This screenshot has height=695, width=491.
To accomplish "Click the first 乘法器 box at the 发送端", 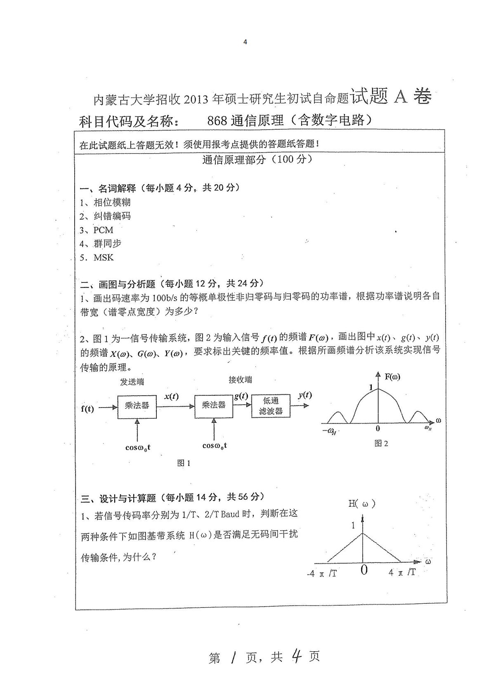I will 137,406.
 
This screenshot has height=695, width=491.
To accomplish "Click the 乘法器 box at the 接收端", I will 214,406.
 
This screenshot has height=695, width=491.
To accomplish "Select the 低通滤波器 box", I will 271,406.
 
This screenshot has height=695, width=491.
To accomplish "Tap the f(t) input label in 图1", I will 87,409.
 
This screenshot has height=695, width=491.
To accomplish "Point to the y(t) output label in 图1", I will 305,395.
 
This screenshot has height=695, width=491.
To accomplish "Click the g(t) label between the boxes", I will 241,396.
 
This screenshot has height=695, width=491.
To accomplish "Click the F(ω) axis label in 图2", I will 392,377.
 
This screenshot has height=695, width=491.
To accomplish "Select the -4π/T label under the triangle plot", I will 322,573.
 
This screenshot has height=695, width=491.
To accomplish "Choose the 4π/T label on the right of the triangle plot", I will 402,572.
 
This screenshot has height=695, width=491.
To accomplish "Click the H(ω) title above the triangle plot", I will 361,503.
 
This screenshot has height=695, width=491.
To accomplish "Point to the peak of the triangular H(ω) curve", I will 363,533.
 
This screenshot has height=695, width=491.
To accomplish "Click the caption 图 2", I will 381,444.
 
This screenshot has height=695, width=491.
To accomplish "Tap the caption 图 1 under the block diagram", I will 184,463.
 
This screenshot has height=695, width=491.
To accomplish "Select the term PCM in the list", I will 103,230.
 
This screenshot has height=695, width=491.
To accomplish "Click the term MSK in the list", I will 104,258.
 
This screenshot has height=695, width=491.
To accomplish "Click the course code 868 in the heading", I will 217,120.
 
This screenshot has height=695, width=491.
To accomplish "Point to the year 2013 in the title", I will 196,99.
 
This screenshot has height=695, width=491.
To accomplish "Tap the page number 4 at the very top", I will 245,42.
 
